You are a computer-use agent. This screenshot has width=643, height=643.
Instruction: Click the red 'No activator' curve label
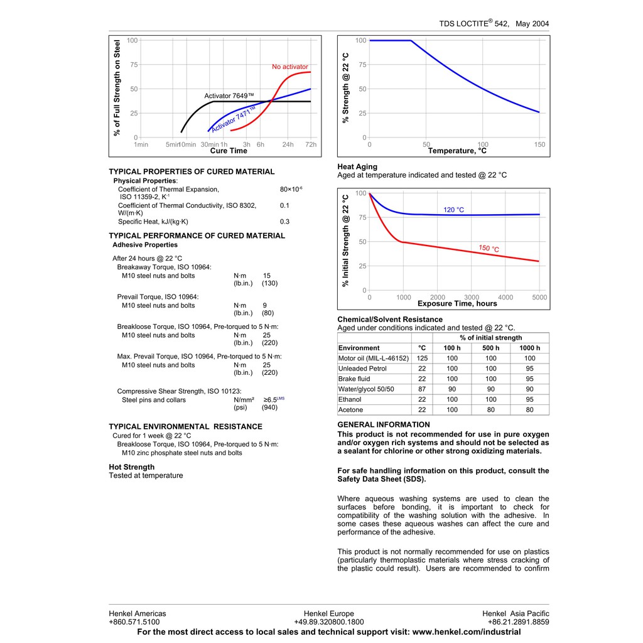289,67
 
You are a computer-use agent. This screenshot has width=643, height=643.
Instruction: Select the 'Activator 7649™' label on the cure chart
229,96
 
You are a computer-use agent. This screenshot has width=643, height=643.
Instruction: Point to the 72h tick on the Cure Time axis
311,144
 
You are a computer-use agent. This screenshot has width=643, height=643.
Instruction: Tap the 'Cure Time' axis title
229,151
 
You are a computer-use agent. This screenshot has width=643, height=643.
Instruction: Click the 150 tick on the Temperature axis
539,144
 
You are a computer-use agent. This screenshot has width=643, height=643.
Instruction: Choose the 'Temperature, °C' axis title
457,151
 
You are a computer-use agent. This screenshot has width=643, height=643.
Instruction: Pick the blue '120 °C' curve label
453,210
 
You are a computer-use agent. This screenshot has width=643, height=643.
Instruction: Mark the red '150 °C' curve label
489,249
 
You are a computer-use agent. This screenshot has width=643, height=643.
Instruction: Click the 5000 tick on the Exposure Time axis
539,297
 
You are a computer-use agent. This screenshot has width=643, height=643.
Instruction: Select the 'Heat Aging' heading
357,166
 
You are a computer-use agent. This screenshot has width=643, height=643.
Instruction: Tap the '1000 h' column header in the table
529,348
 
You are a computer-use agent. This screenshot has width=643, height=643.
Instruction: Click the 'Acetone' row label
350,410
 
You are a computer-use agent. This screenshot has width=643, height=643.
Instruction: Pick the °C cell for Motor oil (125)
422,358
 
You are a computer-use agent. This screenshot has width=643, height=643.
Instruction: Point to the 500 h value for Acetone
490,410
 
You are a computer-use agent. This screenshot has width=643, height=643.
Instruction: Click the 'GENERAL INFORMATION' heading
384,424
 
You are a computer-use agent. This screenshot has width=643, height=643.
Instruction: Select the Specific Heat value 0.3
284,222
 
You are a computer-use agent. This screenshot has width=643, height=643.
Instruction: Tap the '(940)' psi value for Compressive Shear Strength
269,408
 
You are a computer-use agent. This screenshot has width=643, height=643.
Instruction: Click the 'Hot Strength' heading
131,467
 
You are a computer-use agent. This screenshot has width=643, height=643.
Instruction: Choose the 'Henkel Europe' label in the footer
328,613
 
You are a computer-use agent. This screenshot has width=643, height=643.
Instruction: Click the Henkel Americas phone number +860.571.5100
134,622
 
